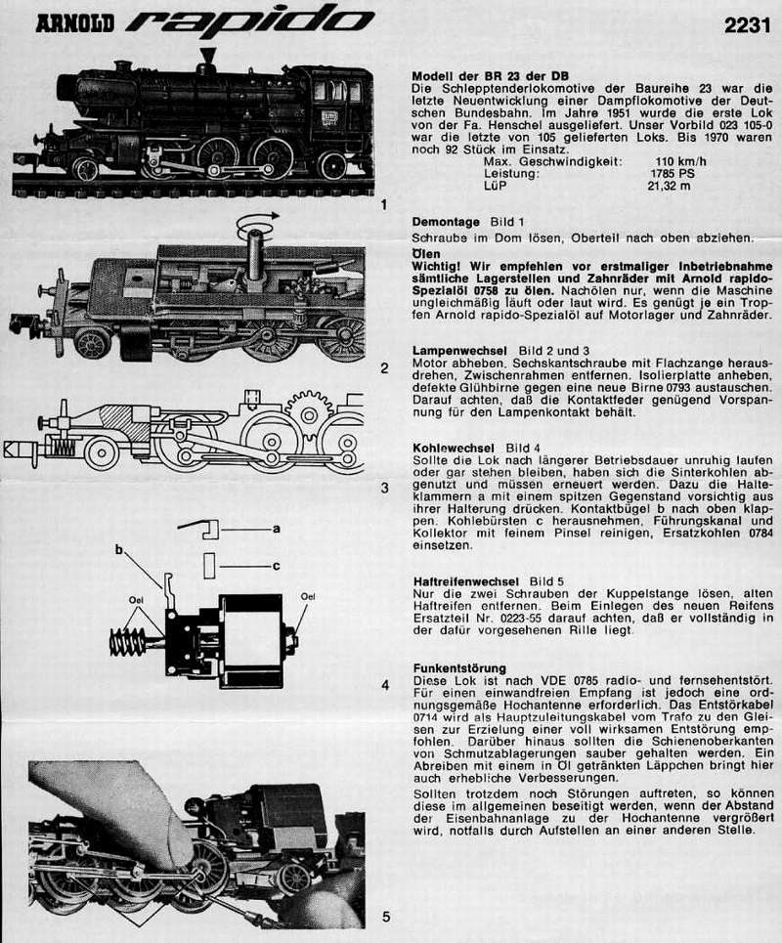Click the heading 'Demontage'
pos(446,222)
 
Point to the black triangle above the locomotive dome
pos(207,54)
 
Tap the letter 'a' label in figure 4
pos(277,528)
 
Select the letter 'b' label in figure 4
pos(119,550)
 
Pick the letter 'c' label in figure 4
pos(277,566)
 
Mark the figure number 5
pos(385,917)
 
